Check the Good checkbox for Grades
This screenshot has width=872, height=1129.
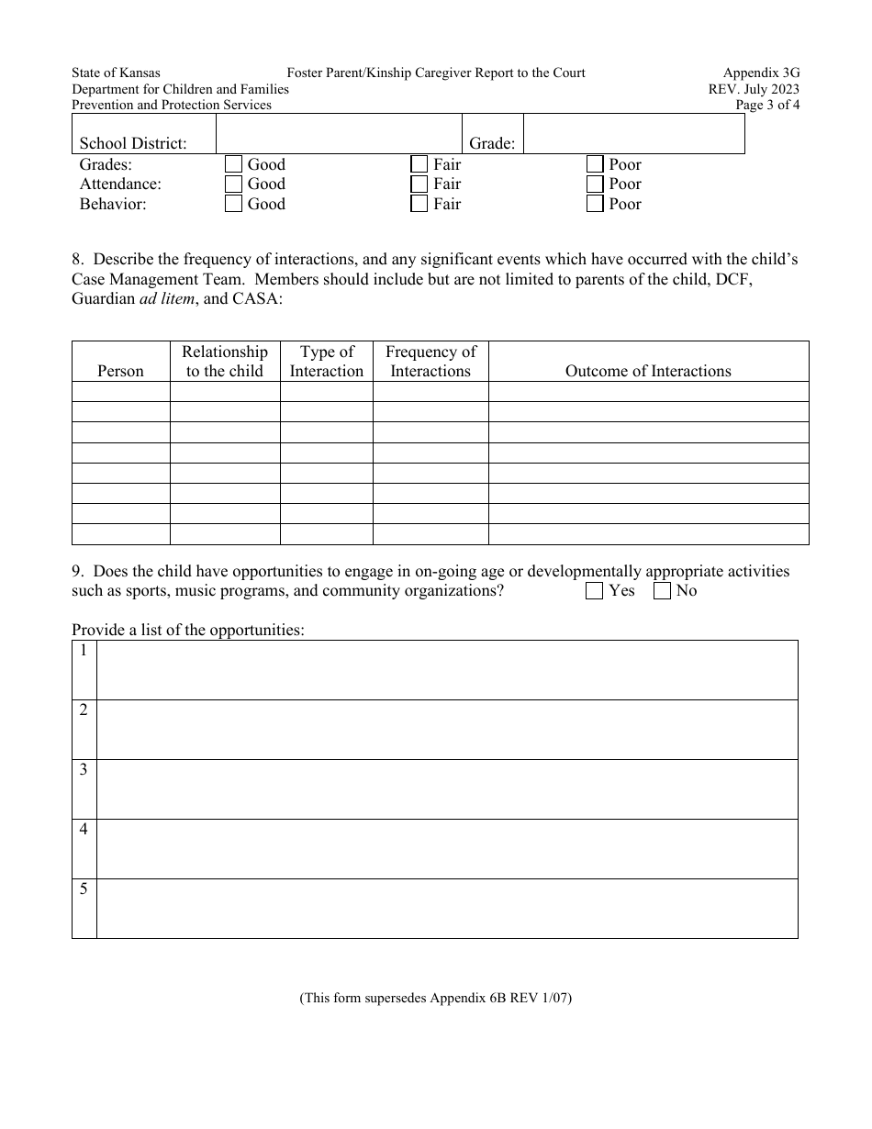point(233,164)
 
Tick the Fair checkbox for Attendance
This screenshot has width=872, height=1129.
point(419,184)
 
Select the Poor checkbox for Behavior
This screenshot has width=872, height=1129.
point(595,204)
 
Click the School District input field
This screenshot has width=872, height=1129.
point(337,134)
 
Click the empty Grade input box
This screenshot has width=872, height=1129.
point(633,134)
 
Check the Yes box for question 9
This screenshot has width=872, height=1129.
point(594,591)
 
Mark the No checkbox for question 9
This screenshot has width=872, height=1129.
point(662,591)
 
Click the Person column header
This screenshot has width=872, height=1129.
point(120,371)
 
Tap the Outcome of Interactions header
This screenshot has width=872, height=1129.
point(648,371)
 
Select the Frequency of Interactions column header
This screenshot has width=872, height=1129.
point(430,362)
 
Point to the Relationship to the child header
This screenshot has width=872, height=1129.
point(225,362)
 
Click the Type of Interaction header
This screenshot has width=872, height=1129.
point(327,362)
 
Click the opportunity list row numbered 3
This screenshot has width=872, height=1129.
point(446,789)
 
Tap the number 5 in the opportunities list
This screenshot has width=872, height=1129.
point(84,889)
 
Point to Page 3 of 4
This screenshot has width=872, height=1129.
point(767,105)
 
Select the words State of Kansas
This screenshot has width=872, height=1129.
point(116,73)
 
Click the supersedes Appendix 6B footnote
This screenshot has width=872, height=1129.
point(435,999)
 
